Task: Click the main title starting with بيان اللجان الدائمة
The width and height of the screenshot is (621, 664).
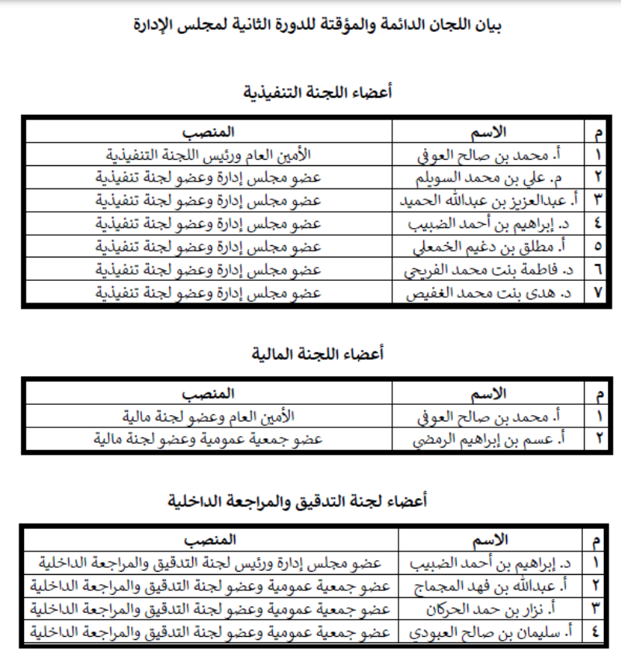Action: [x=318, y=26]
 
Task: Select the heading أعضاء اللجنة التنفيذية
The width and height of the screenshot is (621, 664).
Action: [x=318, y=92]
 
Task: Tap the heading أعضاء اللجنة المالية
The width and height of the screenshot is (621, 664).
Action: [x=318, y=354]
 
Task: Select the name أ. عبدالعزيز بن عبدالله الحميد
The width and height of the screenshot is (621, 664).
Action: [x=489, y=200]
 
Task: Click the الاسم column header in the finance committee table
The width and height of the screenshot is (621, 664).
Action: [x=489, y=393]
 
